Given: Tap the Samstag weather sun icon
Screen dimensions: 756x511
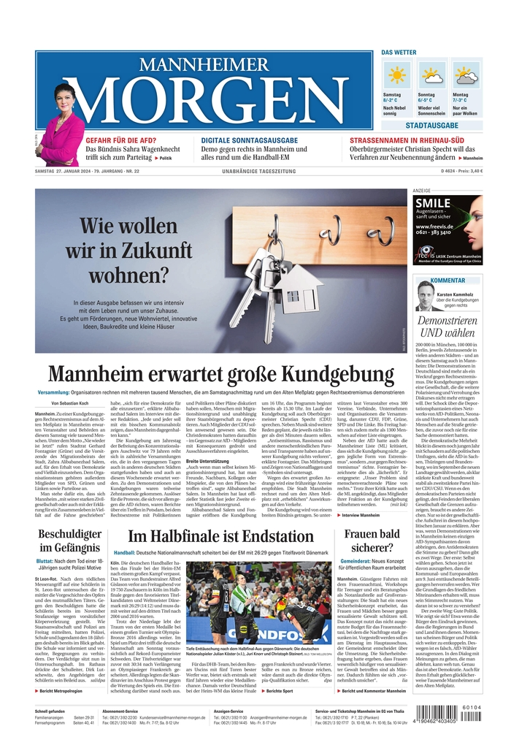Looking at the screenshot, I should [398, 75].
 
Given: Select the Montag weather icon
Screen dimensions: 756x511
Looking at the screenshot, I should [466, 75].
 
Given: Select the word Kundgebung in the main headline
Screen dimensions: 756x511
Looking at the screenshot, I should [340, 374].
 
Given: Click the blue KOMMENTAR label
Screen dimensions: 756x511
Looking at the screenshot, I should [448, 280].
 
